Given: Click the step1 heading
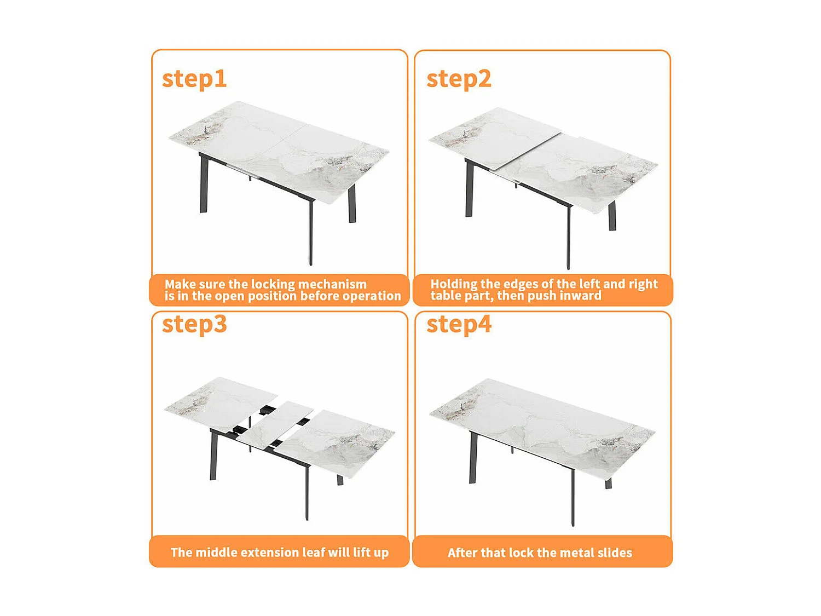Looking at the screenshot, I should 194,79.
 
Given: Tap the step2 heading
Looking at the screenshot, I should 459,79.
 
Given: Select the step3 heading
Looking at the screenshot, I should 194,324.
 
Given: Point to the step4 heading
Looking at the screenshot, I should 459,324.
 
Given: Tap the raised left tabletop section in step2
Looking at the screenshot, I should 493,137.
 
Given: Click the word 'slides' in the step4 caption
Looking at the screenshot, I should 615,552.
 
